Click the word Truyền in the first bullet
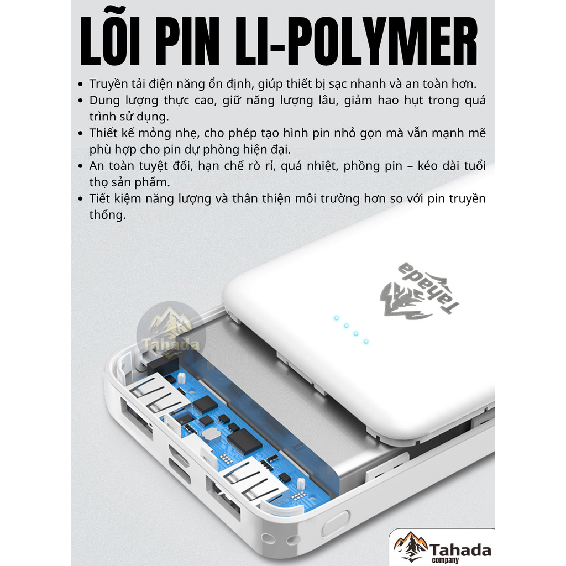109,84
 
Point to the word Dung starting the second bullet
104,101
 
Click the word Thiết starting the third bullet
103,133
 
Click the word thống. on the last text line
108,215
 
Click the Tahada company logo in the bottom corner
442,547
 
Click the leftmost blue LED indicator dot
337,318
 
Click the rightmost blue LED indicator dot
366,342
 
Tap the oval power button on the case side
336,523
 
